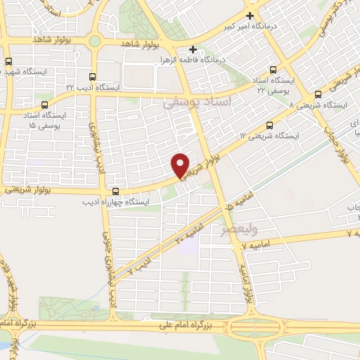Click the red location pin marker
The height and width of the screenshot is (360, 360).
pos(181,164)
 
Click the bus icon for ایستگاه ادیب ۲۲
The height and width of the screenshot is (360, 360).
pos(92,76)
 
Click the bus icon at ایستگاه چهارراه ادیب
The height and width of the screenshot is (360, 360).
pos(115,191)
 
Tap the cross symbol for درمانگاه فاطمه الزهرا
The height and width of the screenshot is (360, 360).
pos(194,51)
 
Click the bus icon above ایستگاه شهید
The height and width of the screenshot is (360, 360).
pos(8,62)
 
